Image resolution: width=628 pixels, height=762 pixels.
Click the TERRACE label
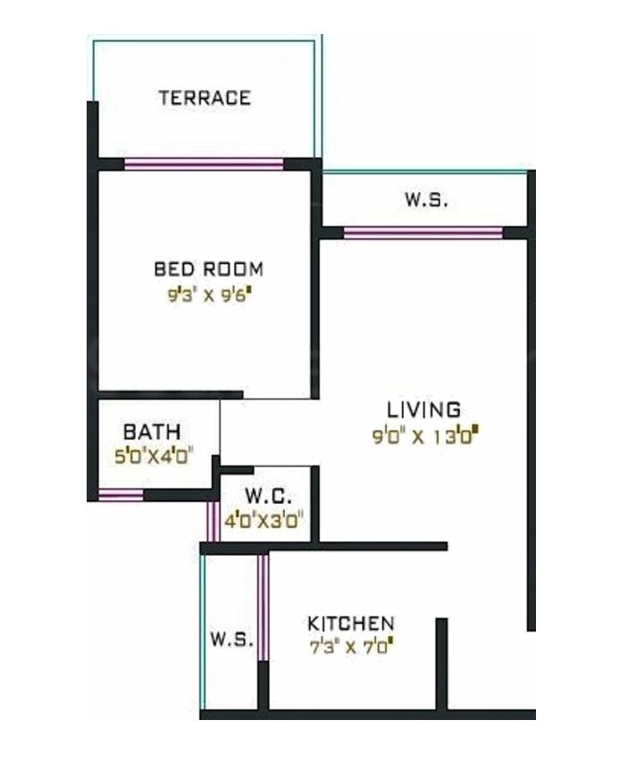coord(205,97)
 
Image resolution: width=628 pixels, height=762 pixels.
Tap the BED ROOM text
coord(208,268)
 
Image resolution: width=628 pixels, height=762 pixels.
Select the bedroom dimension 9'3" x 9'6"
coord(209,296)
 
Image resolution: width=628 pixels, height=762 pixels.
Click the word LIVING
coord(423,410)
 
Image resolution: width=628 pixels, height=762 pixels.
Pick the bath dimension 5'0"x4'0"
coord(148,455)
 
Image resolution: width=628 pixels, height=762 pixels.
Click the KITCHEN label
coord(350,623)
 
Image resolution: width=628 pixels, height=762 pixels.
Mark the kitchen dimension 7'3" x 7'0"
coord(350,644)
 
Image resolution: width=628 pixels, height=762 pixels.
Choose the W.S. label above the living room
coord(426,201)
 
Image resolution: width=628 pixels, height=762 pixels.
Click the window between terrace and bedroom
coord(204,163)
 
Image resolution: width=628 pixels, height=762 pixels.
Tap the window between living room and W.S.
coord(423,233)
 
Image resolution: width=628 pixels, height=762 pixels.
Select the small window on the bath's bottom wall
coord(121,495)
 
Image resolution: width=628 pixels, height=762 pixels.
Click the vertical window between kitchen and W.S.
coord(263,607)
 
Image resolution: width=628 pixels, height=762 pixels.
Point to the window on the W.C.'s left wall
coord(213,521)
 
